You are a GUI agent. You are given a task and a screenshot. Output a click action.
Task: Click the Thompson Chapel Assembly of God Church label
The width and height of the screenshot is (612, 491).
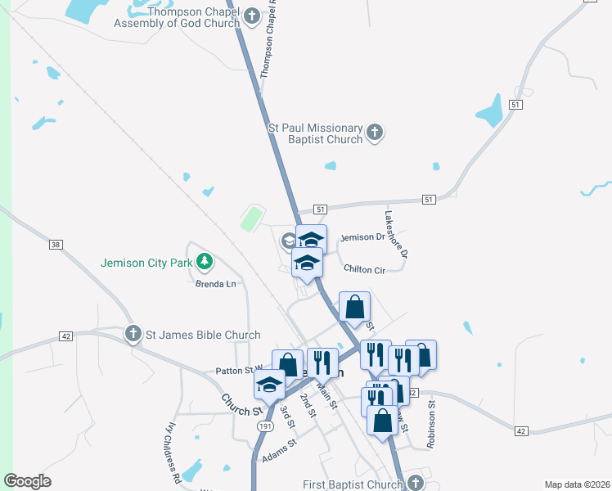click(x=178, y=17)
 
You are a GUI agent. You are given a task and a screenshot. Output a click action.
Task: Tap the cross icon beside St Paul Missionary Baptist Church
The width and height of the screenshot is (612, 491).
click(x=374, y=132)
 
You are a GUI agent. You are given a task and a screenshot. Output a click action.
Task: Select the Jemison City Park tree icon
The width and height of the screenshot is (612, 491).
click(x=204, y=263)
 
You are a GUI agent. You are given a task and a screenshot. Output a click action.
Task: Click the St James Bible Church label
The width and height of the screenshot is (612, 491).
click(x=203, y=335)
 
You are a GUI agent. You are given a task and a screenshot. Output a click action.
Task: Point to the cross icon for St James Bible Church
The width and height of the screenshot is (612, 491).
click(x=133, y=334)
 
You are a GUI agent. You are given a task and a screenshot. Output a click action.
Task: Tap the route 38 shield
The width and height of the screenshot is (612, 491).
click(x=56, y=245)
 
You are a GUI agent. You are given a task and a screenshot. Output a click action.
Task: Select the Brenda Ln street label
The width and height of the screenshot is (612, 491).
click(x=215, y=284)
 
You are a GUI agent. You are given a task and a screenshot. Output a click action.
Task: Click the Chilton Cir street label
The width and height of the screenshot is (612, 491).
click(x=364, y=268)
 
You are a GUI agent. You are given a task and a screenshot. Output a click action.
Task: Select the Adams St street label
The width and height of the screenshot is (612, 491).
click(x=277, y=453)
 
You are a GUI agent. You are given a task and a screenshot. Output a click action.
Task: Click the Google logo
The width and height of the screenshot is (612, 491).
click(x=27, y=481)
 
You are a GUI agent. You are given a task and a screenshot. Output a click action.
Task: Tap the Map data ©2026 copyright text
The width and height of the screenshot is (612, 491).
click(x=577, y=484)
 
